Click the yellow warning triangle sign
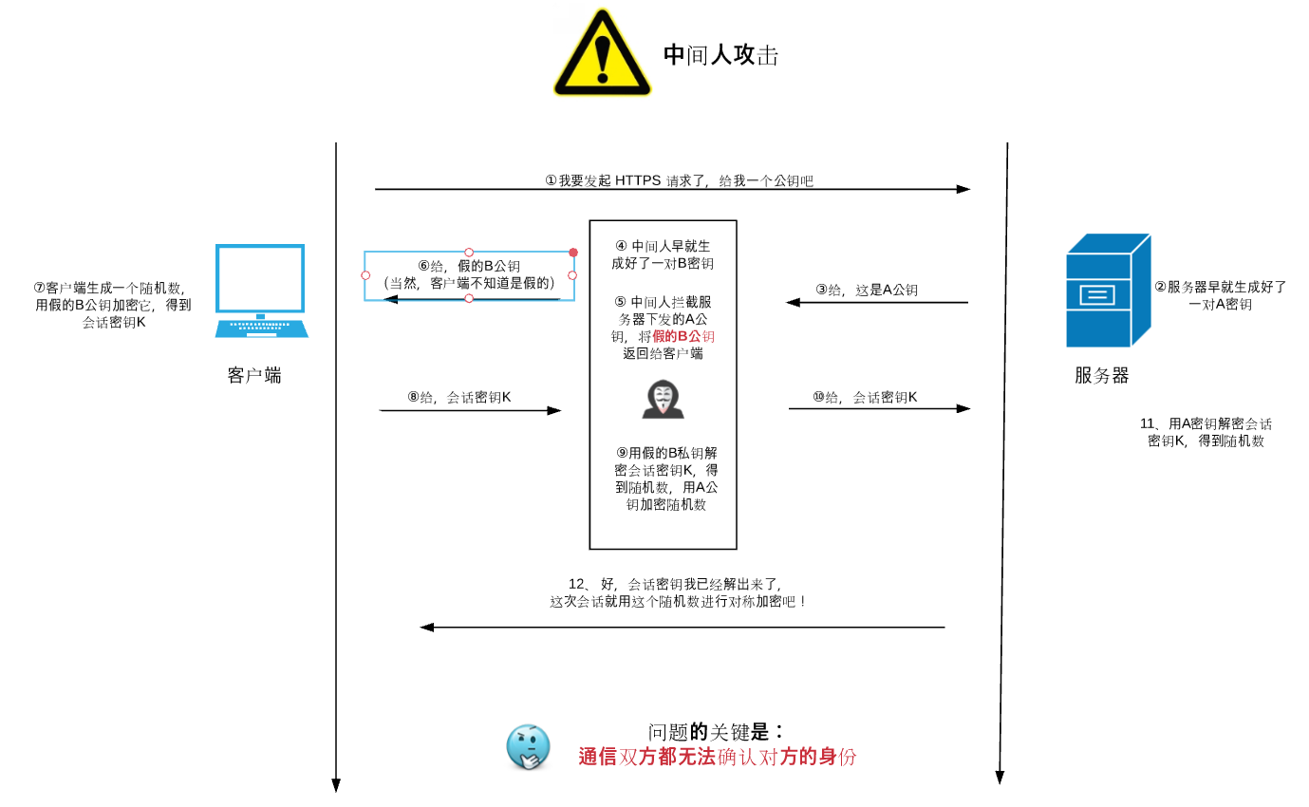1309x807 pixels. pyautogui.click(x=602, y=52)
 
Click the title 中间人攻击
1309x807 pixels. pyautogui.click(x=720, y=55)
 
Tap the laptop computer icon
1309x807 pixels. pyautogui.click(x=261, y=291)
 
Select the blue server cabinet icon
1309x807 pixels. pyautogui.click(x=1109, y=291)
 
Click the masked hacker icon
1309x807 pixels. pyautogui.click(x=663, y=399)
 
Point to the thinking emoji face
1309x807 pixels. pyautogui.click(x=529, y=747)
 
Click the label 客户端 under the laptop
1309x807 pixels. pyautogui.click(x=254, y=375)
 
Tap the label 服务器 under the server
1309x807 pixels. pyautogui.click(x=1101, y=375)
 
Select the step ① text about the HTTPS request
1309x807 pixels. pyautogui.click(x=679, y=180)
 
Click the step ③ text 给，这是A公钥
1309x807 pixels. pyautogui.click(x=867, y=290)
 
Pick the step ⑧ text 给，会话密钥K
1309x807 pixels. pyautogui.click(x=459, y=398)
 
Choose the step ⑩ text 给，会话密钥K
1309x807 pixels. pyautogui.click(x=865, y=398)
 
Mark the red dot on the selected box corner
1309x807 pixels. pyautogui.click(x=573, y=253)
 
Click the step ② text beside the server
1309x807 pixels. pyautogui.click(x=1221, y=295)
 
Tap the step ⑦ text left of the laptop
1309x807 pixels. pyautogui.click(x=113, y=305)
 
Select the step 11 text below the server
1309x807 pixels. pyautogui.click(x=1206, y=432)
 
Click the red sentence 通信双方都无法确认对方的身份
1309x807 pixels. pyautogui.click(x=718, y=757)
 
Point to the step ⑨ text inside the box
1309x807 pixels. pyautogui.click(x=665, y=479)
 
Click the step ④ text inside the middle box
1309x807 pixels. pyautogui.click(x=663, y=254)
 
